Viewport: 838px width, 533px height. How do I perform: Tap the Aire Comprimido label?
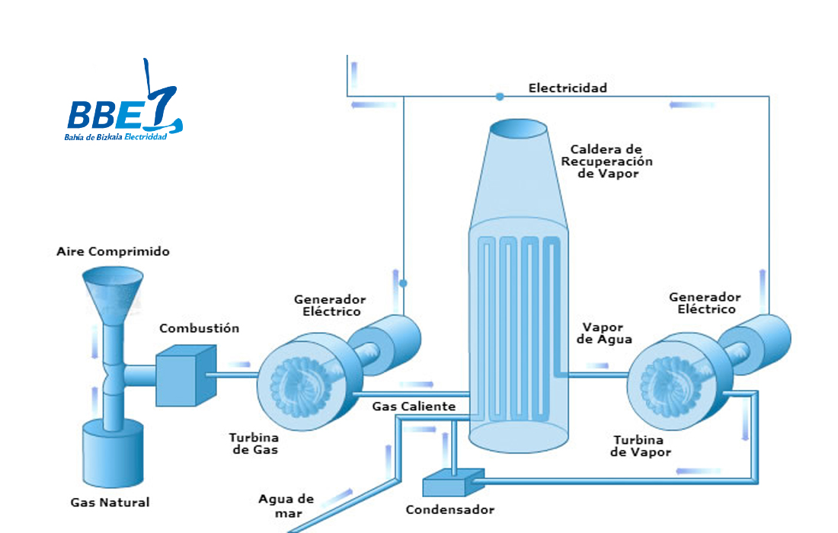pos(114,251)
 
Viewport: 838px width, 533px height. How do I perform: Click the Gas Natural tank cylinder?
pos(113,453)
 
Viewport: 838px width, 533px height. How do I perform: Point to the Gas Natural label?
pos(110,502)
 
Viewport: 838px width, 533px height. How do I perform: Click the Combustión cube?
pos(186,375)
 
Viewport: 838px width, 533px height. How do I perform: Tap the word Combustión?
pos(200,328)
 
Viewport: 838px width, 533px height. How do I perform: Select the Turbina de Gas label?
pos(254,443)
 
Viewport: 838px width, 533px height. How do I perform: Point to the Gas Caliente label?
pos(414,407)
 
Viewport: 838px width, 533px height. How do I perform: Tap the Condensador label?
pos(450,509)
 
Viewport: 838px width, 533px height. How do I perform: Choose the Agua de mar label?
pos(286,506)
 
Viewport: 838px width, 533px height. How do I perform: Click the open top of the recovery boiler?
pos(518,129)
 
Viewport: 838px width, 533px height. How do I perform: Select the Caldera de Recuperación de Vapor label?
pos(606,161)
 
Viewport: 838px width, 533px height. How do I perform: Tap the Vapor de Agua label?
pos(604,334)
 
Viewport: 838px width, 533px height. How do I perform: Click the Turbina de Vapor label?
pos(640,446)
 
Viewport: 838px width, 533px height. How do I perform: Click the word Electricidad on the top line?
pos(568,88)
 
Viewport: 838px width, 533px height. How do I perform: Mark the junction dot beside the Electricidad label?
pos(500,97)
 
